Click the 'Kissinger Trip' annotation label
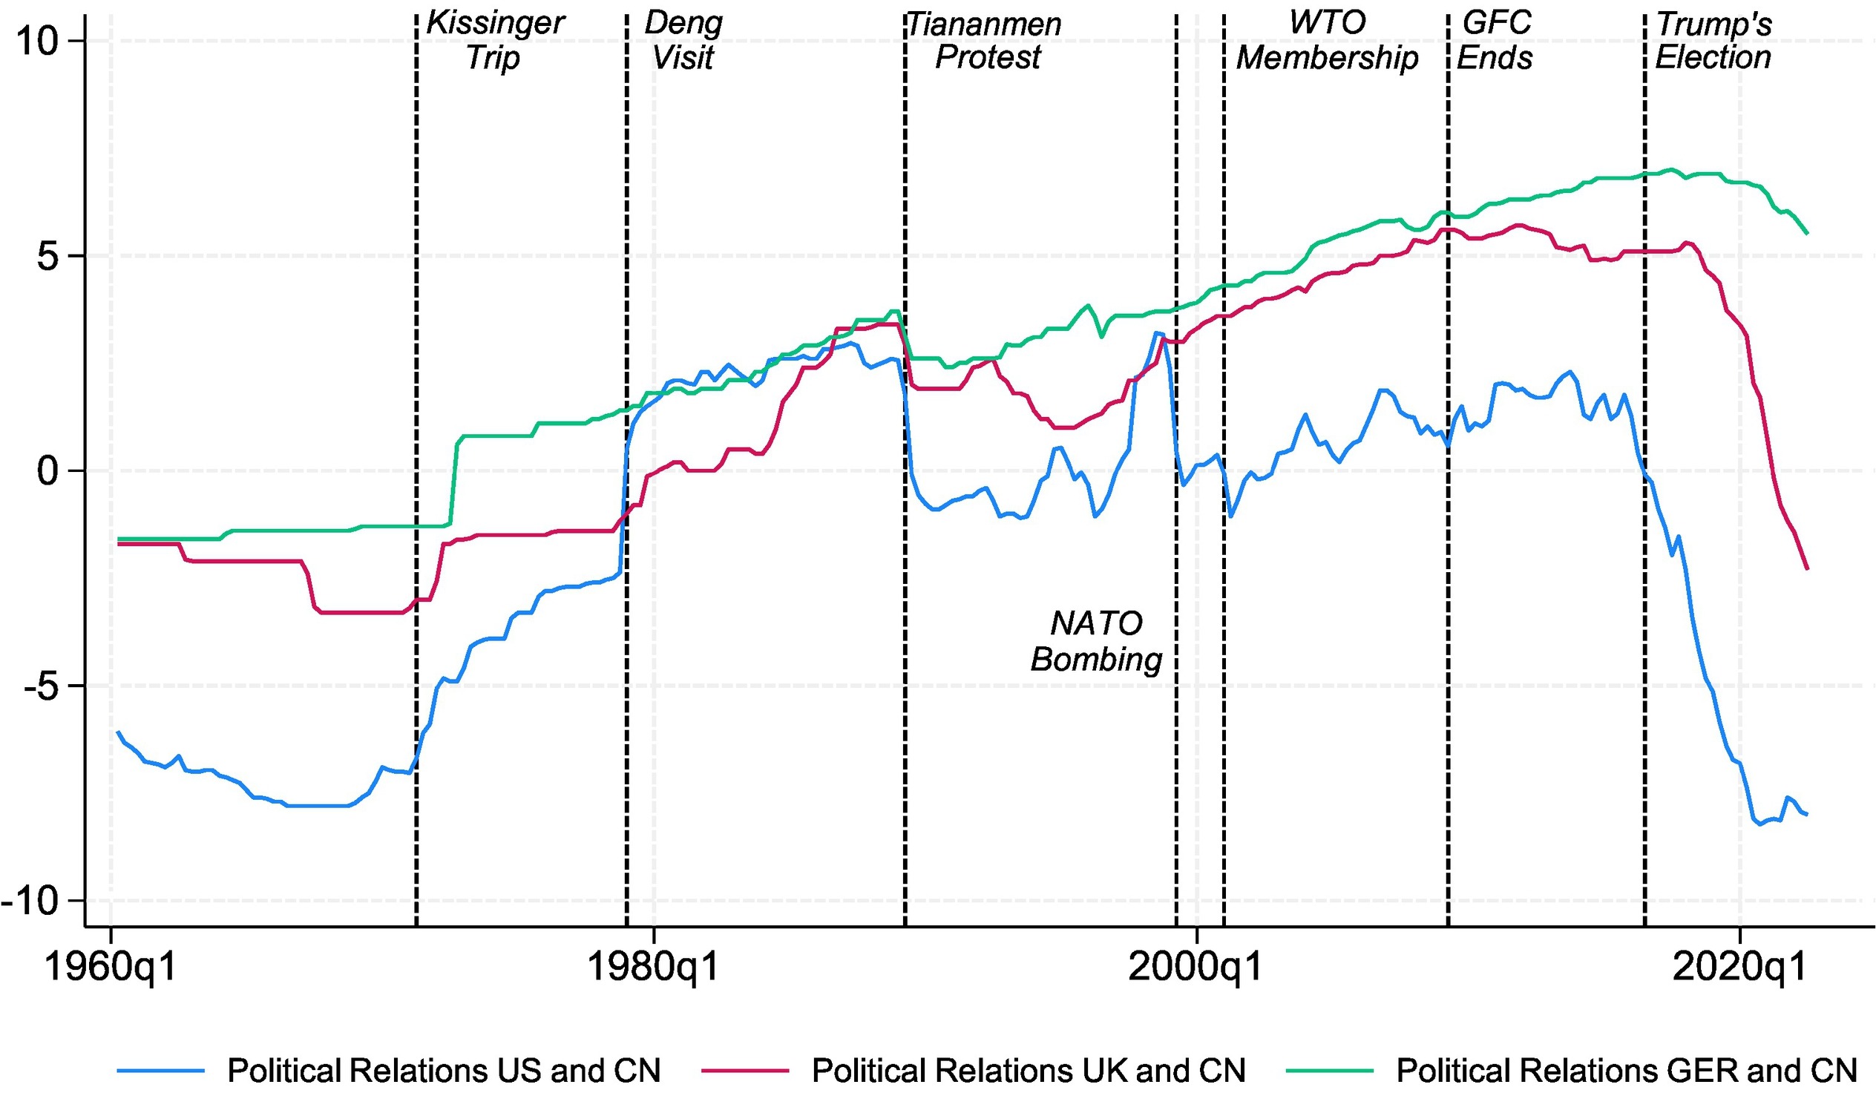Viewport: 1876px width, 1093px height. point(494,40)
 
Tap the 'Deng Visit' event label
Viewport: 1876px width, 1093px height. point(683,40)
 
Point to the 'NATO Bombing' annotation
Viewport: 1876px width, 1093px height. point(1096,641)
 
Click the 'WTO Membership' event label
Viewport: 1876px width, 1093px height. point(1328,40)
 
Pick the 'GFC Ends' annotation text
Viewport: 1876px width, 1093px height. point(1495,40)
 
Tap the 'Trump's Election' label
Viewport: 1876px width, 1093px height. point(1713,40)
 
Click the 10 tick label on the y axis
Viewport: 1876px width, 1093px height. point(37,41)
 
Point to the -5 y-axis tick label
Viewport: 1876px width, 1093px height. point(42,686)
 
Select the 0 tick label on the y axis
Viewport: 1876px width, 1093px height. point(47,470)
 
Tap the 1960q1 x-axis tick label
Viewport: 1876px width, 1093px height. point(111,967)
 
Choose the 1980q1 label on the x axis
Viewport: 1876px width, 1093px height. point(653,967)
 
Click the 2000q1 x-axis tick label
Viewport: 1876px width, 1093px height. point(1196,967)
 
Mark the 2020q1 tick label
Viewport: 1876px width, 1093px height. point(1739,967)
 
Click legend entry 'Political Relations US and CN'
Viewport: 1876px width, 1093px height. point(444,1071)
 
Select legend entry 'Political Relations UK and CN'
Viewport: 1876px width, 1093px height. point(1028,1071)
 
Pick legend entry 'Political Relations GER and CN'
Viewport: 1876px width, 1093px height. point(1627,1071)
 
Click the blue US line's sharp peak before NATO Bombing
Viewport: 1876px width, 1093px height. point(1157,333)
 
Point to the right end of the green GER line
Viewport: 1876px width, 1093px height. point(1808,234)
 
